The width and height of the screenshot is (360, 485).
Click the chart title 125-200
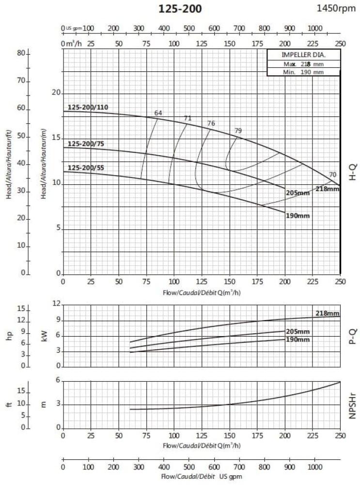coord(180,9)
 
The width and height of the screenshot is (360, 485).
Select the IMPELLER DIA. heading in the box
coord(303,54)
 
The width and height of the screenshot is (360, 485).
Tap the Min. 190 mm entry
coord(303,72)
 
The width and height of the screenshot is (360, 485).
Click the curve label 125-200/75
coord(85,144)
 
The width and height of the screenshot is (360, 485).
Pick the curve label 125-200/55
coord(85,168)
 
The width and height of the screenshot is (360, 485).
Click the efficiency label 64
coord(158,113)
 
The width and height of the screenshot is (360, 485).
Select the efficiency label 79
coord(238,130)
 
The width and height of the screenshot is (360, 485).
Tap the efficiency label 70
coord(332,175)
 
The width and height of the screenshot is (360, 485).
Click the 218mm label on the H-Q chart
coord(328,188)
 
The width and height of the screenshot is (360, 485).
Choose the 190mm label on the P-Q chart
coord(297,339)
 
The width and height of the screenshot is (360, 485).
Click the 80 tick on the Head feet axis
coord(21,53)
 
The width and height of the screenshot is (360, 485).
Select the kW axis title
coord(45,335)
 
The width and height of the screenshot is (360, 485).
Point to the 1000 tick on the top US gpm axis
coord(314,28)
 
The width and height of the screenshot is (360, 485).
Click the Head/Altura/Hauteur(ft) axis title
coord(8,172)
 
